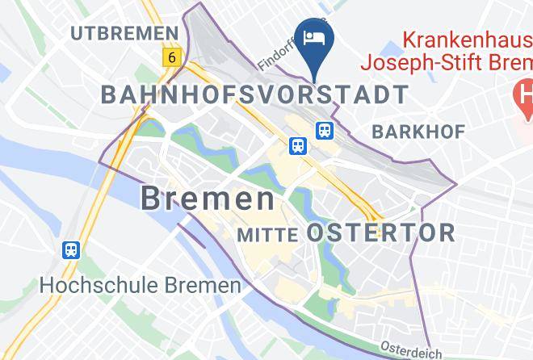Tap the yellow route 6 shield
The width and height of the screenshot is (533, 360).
[171, 57]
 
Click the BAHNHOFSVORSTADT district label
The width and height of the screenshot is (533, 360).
[254, 94]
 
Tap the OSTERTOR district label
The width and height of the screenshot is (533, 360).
[381, 233]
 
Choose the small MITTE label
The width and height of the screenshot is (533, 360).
[269, 235]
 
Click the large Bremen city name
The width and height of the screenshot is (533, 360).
[208, 199]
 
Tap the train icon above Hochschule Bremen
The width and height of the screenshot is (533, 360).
[72, 249]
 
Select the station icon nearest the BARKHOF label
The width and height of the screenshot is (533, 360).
[325, 129]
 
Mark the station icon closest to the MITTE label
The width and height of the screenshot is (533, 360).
[297, 145]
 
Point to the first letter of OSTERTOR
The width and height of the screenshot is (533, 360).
[316, 233]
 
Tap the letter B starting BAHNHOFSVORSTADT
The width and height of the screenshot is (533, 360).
[108, 94]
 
